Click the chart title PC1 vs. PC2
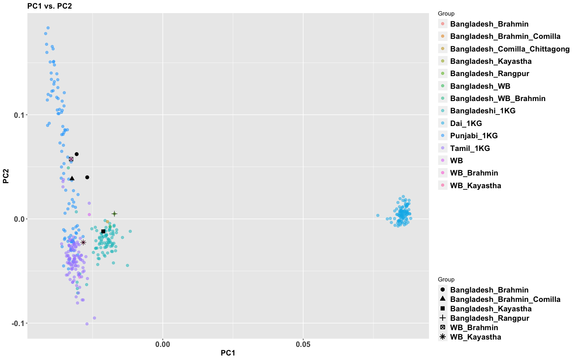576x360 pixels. point(49,6)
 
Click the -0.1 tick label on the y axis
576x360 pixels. point(18,324)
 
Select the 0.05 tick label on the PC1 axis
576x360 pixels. point(303,344)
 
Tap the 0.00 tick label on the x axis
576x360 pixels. point(163,344)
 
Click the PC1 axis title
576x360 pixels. point(228,353)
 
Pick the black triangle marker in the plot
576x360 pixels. point(72,178)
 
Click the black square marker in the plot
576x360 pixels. point(103,232)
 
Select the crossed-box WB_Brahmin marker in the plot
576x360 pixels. point(71,159)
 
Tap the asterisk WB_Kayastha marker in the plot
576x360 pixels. point(83,243)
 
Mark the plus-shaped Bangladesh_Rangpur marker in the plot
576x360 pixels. point(115,214)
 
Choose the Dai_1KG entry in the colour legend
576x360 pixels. point(466,124)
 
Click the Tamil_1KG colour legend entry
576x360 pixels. point(470,148)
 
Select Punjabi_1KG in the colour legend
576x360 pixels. point(474,136)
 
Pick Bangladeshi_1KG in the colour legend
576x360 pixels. point(483,111)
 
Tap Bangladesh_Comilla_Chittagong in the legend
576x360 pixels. point(510,49)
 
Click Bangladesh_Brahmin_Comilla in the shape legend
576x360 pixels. point(505,299)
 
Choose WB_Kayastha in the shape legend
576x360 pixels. point(475,337)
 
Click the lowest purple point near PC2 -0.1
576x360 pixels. point(87,324)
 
